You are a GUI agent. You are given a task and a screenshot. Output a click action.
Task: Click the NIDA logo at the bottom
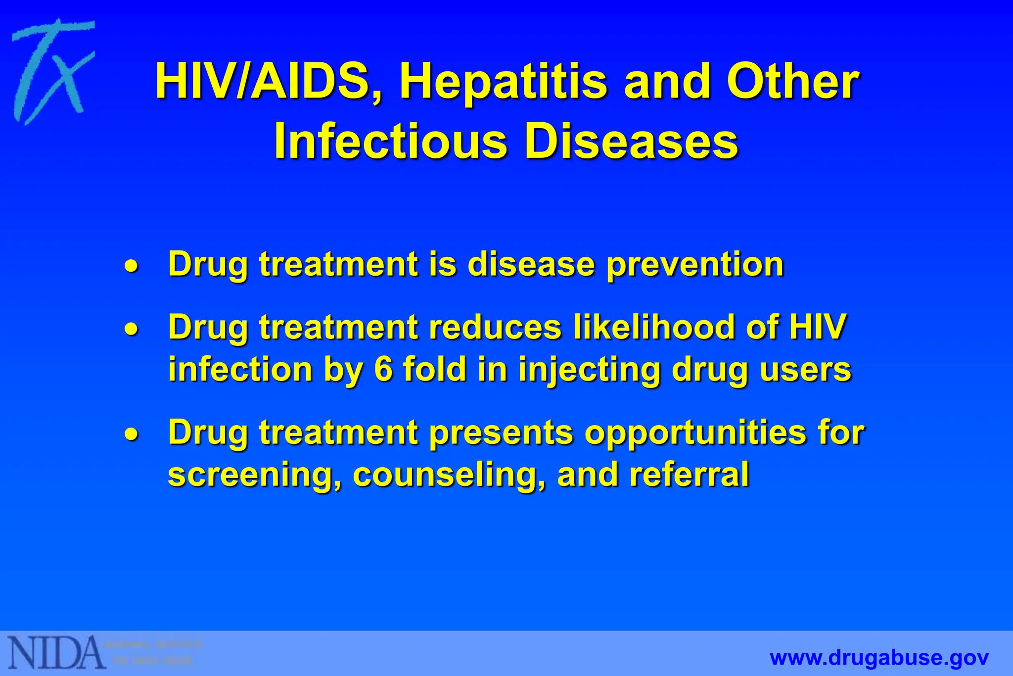[x=57, y=652]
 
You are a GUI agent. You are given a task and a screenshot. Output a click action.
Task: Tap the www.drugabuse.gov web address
[x=879, y=658]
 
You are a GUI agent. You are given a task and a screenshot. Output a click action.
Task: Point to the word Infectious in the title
[x=391, y=142]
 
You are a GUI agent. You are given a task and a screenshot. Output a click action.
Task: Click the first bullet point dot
[x=131, y=266]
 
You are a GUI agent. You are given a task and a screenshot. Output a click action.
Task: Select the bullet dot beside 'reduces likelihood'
[x=131, y=329]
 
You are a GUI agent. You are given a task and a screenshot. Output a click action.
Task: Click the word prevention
[x=695, y=265]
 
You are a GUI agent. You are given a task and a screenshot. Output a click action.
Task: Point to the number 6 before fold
[x=383, y=369]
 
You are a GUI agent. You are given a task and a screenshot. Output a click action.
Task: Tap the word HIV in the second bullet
[x=818, y=327]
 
